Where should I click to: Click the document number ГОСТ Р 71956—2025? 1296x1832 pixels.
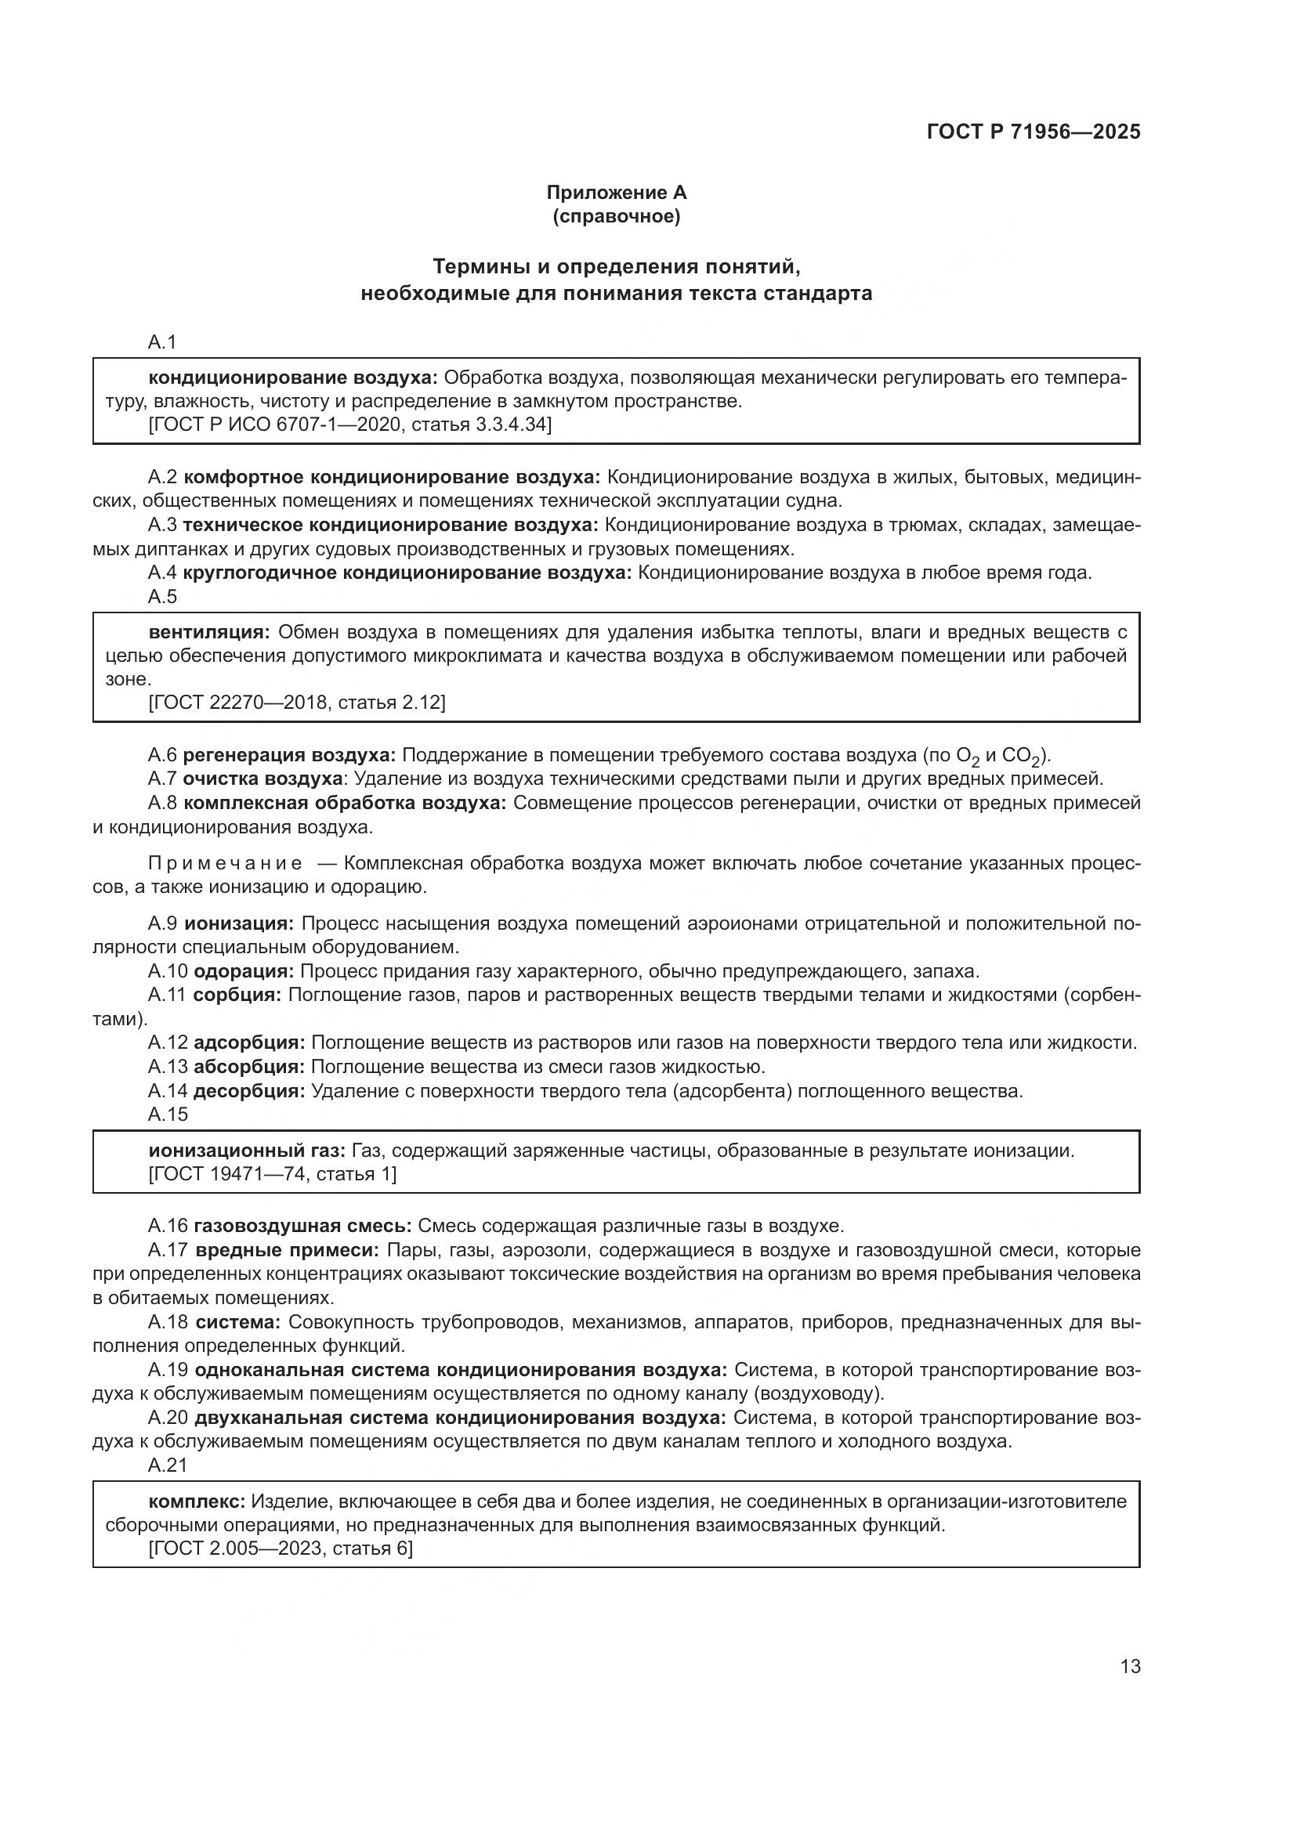coord(1034,132)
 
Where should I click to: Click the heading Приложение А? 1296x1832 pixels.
coord(616,193)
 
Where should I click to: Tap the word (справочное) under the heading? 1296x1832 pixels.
coord(616,216)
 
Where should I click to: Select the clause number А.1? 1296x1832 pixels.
coord(162,342)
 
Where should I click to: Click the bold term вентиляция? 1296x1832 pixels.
coord(210,632)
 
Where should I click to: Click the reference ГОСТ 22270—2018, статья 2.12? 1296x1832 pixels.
coord(297,702)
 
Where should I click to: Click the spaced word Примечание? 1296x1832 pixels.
coord(225,863)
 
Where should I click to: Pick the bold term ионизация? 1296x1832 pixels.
coord(240,923)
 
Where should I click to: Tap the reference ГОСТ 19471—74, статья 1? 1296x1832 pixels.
coord(272,1174)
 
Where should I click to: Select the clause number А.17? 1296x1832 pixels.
coord(168,1250)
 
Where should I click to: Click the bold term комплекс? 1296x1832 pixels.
coord(197,1501)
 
